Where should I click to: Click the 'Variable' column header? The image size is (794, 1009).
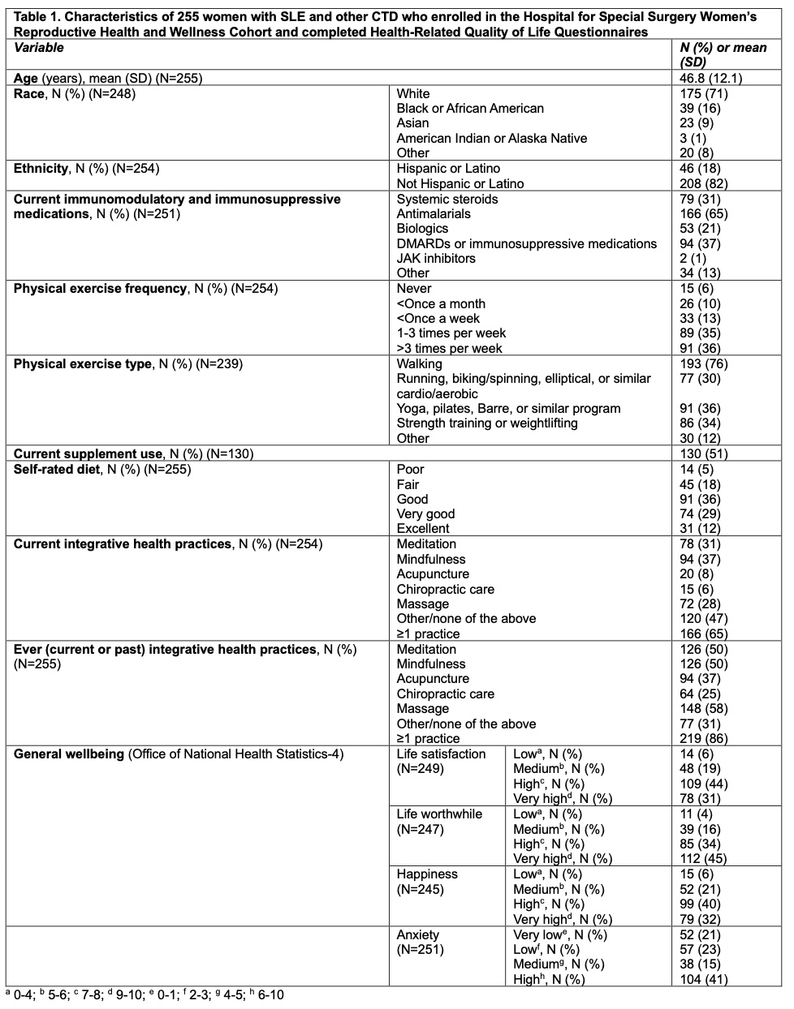click(39, 48)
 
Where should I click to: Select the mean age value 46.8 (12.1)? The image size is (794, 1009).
click(710, 79)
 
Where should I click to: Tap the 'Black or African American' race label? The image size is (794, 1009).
click(470, 109)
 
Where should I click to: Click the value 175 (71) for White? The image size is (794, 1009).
click(703, 94)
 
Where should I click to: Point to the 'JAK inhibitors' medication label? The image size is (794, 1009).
click(436, 259)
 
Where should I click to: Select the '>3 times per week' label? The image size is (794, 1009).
click(449, 349)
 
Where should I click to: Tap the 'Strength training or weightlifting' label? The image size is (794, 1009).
click(487, 423)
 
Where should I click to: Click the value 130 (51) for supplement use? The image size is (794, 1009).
click(703, 454)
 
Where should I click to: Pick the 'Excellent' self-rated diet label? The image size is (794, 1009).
click(423, 529)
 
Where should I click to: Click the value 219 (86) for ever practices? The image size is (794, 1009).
click(703, 739)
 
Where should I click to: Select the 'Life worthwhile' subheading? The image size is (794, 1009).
click(439, 814)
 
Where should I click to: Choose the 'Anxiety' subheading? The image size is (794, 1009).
click(417, 934)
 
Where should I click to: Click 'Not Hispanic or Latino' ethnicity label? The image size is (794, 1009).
click(460, 184)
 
